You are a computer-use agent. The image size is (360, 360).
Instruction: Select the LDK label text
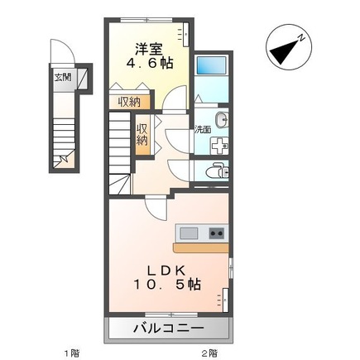(166, 269)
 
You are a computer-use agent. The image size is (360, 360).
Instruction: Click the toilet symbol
(217, 171)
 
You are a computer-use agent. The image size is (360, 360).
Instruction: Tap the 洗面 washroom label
(202, 129)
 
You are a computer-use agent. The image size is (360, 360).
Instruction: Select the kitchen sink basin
(190, 233)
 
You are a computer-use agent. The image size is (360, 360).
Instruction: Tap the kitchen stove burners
(216, 233)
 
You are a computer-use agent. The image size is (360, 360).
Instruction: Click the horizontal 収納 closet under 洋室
(127, 101)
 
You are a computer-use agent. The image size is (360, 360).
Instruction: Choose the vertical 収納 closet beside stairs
(142, 135)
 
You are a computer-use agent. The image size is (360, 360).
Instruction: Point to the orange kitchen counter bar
(199, 247)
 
